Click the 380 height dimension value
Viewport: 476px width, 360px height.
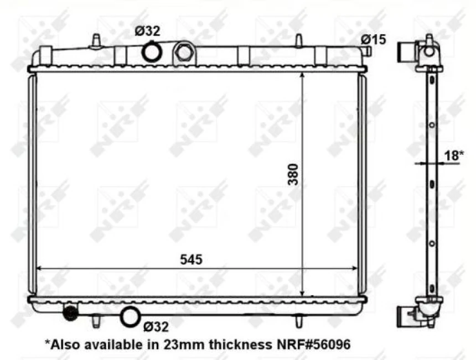pyautogui.click(x=293, y=175)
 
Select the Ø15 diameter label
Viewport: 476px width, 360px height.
pyautogui.click(x=374, y=39)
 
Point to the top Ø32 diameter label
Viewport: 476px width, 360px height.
pyautogui.click(x=148, y=32)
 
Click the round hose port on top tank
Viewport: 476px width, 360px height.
pyautogui.click(x=151, y=52)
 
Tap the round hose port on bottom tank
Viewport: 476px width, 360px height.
pyautogui.click(x=131, y=317)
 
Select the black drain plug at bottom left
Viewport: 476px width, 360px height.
pyautogui.click(x=70, y=313)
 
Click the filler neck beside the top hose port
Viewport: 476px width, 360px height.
pyautogui.click(x=183, y=53)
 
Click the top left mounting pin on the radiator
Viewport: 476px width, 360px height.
pyautogui.click(x=95, y=41)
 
